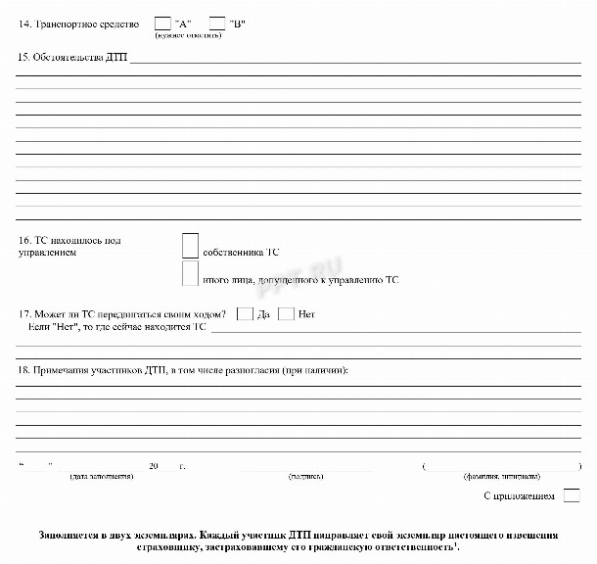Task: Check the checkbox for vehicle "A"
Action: pyautogui.click(x=162, y=23)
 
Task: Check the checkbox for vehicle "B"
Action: pyautogui.click(x=217, y=23)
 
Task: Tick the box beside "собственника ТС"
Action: pyautogui.click(x=190, y=246)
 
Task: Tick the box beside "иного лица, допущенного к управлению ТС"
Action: pyautogui.click(x=190, y=274)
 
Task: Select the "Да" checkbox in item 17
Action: pyautogui.click(x=245, y=314)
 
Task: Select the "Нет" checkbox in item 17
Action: pyautogui.click(x=286, y=314)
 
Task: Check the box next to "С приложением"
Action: pyautogui.click(x=572, y=496)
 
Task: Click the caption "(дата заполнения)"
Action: pyautogui.click(x=101, y=476)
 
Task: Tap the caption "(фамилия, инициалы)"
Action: pyautogui.click(x=500, y=476)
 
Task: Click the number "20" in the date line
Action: pyautogui.click(x=153, y=466)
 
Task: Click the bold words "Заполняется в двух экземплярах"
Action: pyautogui.click(x=114, y=537)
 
